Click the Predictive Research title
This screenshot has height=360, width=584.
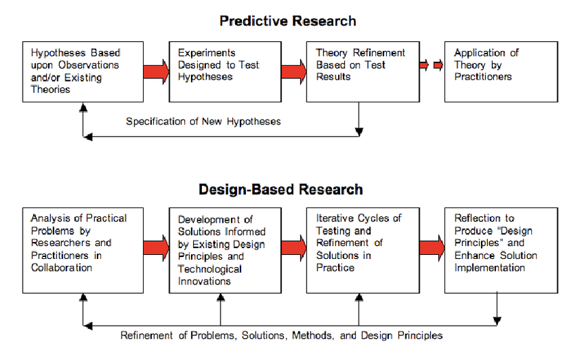287,21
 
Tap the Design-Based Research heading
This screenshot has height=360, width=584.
280,190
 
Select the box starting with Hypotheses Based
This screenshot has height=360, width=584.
82,72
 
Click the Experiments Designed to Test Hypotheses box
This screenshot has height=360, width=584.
225,72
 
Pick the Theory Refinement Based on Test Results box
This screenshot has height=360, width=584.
363,72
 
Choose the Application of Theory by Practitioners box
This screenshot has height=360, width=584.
501,72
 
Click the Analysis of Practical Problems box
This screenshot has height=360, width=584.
82,251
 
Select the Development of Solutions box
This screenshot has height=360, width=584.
225,251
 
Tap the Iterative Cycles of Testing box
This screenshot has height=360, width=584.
363,251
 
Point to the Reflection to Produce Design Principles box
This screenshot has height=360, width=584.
501,251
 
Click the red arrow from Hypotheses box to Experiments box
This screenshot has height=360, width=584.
156,72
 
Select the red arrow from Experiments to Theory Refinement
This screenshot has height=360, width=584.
294,72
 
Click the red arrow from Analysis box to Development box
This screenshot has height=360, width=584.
156,248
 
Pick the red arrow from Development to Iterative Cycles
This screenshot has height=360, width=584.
294,248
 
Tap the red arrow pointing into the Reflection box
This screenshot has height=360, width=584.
432,248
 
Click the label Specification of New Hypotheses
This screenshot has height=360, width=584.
203,122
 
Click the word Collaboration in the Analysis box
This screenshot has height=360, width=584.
61,268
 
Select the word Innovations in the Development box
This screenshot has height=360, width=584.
204,281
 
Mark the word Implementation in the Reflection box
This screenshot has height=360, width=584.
489,268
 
